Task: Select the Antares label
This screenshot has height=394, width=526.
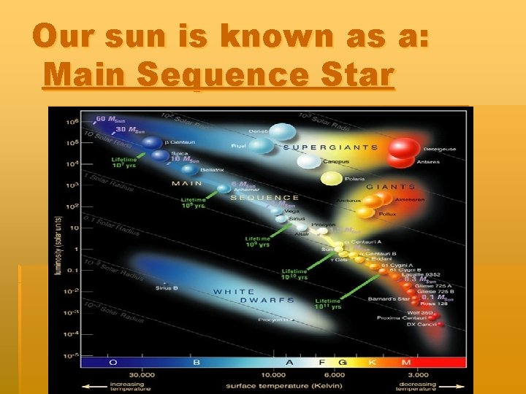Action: pos(428,162)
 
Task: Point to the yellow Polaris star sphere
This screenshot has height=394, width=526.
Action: pos(332,179)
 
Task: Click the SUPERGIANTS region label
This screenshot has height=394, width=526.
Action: pos(330,147)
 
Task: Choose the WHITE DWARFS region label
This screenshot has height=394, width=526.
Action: pos(254,295)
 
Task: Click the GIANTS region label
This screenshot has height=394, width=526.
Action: pos(391,187)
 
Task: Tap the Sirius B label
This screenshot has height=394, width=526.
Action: pos(167,287)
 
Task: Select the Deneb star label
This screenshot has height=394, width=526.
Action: pos(258,131)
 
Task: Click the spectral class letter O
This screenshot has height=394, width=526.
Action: pos(113,362)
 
